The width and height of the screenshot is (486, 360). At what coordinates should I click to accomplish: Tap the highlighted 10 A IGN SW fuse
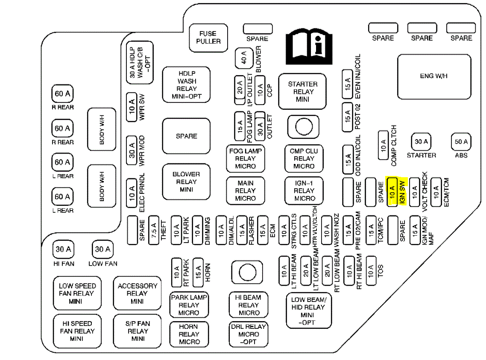392,191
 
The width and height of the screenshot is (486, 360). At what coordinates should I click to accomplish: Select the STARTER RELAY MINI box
302,91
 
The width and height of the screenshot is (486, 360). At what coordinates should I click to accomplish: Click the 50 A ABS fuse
461,142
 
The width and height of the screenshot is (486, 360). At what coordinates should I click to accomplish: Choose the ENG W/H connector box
433,77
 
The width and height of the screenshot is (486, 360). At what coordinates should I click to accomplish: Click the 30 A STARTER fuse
421,142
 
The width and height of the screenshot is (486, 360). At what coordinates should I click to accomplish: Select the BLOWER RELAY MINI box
186,181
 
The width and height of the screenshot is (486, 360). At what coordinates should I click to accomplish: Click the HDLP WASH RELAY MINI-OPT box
186,85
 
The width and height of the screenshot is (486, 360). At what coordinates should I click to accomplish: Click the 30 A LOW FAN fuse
102,249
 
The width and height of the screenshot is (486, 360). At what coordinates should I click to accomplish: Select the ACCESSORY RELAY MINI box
138,293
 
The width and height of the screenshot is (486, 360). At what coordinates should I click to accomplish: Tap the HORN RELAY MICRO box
189,334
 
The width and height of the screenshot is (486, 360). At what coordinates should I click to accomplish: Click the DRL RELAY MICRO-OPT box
249,334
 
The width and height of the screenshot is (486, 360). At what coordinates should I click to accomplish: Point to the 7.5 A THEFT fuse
154,230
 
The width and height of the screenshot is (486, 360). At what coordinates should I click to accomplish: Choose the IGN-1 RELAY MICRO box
304,190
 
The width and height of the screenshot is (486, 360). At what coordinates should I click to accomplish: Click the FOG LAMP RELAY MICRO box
245,158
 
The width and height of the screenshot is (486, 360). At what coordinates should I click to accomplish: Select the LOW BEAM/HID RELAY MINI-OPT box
308,310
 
